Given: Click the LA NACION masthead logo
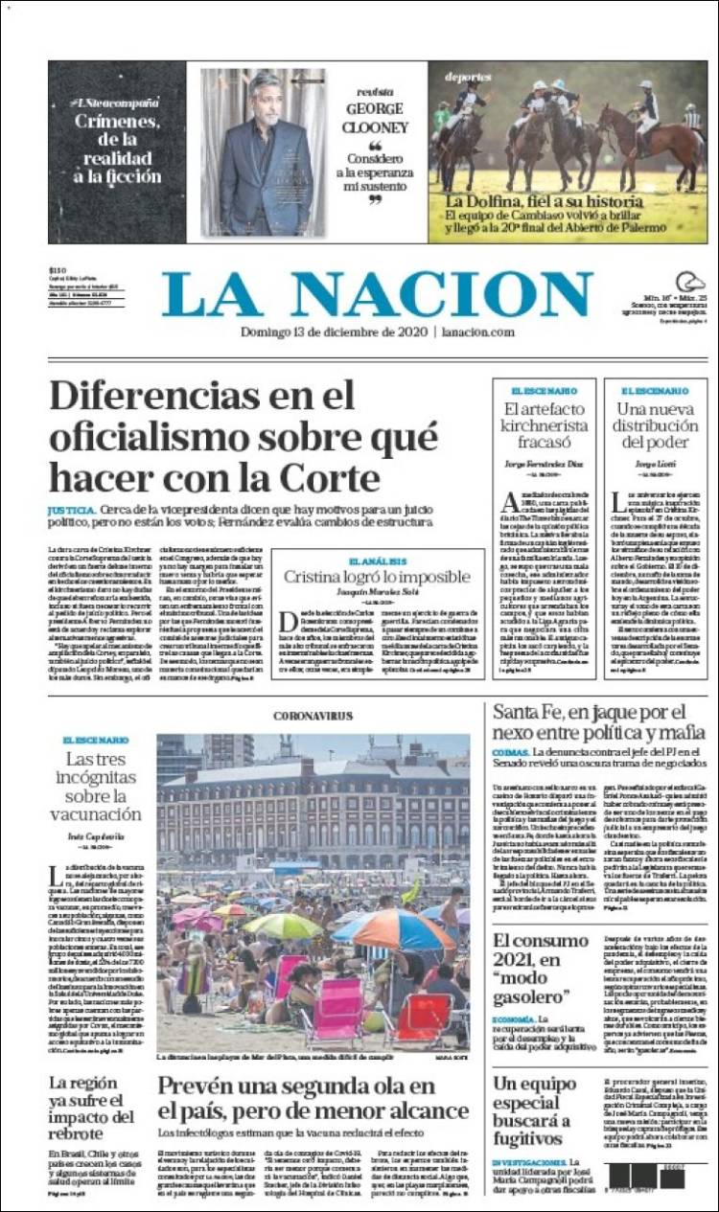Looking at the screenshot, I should point(377,294).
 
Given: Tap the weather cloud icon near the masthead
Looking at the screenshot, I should point(689,282).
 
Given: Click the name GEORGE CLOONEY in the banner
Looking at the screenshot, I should point(376,117).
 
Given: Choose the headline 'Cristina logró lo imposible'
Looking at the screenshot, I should point(377,577).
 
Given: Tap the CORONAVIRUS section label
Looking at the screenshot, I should point(313,716).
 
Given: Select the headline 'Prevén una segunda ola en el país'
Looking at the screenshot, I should point(313,1098).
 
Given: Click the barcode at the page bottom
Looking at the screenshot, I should point(648,1176).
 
